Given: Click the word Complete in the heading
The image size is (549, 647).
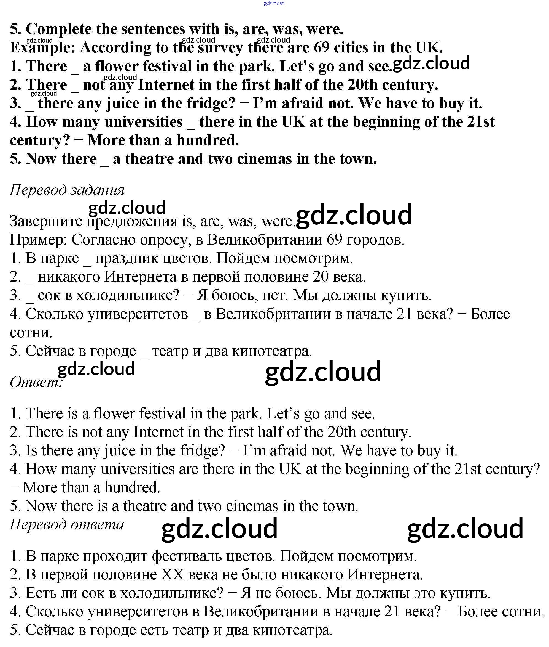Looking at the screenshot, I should coord(58,29).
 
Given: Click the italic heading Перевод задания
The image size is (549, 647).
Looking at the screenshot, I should coord(67,190).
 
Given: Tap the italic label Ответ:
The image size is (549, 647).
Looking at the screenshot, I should coord(36,382).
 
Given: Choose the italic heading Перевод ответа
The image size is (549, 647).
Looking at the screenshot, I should coord(67,524).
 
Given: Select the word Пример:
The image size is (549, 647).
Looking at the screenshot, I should coord(38,240).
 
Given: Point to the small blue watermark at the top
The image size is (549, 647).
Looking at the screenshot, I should coord(274,3).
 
